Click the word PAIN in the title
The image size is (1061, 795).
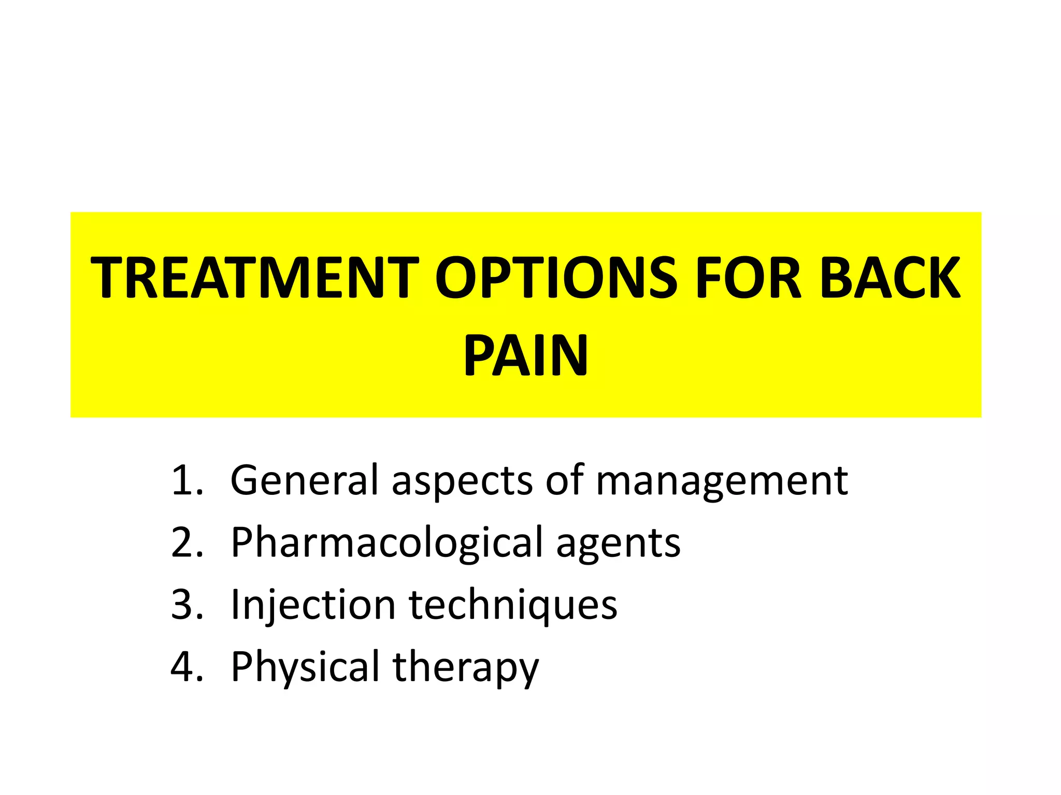525,356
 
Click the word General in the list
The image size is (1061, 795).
305,480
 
